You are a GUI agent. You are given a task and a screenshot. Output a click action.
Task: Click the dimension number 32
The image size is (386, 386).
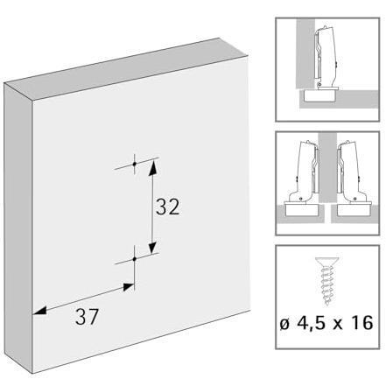click(x=167, y=207)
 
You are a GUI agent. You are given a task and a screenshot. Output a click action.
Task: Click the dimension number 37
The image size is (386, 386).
click(x=87, y=317)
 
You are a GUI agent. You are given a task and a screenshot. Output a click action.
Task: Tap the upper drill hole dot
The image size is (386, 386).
click(x=135, y=164)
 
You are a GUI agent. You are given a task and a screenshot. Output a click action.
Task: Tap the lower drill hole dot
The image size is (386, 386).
click(x=135, y=259)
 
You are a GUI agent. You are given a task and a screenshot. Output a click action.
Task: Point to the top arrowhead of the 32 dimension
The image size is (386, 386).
click(x=153, y=168)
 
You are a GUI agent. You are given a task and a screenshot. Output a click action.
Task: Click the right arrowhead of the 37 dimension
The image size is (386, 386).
click(x=128, y=287)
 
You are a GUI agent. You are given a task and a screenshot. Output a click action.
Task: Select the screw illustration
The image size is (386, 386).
click(x=327, y=281)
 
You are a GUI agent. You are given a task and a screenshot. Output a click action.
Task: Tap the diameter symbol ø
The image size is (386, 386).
click(x=285, y=324)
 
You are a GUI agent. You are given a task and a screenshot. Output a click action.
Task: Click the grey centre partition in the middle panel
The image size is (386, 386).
click(x=327, y=167)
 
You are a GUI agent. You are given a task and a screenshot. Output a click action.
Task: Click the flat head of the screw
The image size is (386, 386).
click(x=327, y=261)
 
